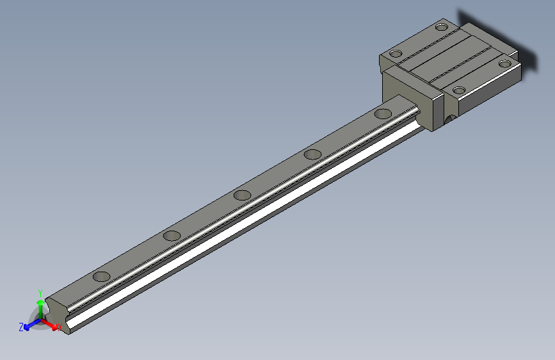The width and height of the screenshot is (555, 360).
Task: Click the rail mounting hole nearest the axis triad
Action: click(101, 277)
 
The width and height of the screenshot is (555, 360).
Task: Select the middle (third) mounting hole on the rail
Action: click(242, 195)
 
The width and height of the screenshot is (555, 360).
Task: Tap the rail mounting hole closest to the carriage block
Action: click(383, 114)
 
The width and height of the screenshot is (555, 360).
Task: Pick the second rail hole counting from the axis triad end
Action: click(172, 236)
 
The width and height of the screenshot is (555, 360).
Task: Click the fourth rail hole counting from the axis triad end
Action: click(312, 154)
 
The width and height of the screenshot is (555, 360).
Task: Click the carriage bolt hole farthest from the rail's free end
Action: click(442, 27)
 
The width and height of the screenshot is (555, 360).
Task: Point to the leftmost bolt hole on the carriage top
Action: click(396, 54)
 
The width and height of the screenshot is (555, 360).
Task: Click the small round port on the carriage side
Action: click(451, 119)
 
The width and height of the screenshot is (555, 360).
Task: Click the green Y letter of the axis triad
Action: click(40, 291)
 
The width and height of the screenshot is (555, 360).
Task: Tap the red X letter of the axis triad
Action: click(60, 327)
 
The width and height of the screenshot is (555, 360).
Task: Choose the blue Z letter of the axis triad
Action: click(21, 327)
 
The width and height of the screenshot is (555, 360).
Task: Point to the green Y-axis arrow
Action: click(40, 306)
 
